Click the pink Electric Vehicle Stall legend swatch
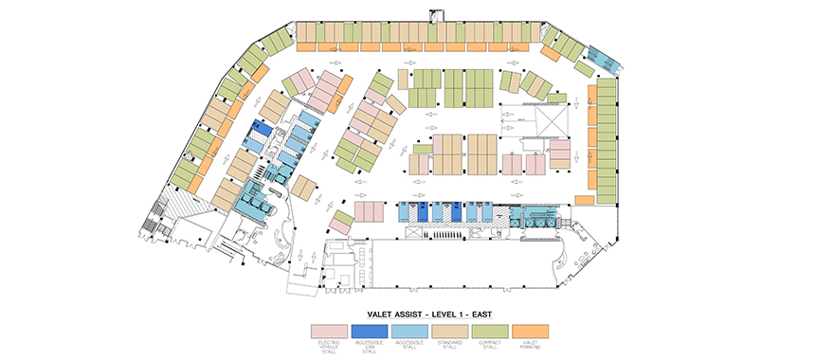tap(329, 331)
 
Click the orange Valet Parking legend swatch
tap(529, 331)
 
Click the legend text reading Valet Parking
tap(529, 348)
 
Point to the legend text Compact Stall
tap(489, 348)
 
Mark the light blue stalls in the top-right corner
tap(603, 59)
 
